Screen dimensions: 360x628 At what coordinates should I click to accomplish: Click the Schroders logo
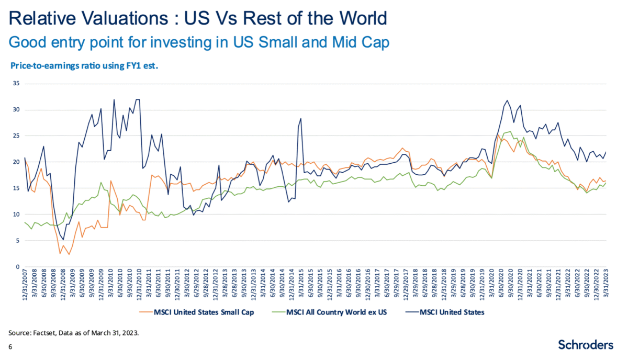tap(585, 345)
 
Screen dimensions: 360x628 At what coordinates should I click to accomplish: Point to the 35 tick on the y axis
tap(16, 84)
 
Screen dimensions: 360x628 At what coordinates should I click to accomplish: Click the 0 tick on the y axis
tap(18, 267)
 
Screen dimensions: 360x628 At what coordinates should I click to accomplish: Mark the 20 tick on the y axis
tap(16, 162)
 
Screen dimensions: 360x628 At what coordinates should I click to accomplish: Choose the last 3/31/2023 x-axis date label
tap(606, 286)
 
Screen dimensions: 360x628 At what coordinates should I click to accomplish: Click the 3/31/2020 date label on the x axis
tap(491, 286)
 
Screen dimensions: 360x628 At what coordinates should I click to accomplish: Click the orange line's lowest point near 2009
tap(68, 254)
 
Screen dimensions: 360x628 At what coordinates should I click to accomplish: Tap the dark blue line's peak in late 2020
tap(507, 100)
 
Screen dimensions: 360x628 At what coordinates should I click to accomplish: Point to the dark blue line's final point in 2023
tap(606, 152)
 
